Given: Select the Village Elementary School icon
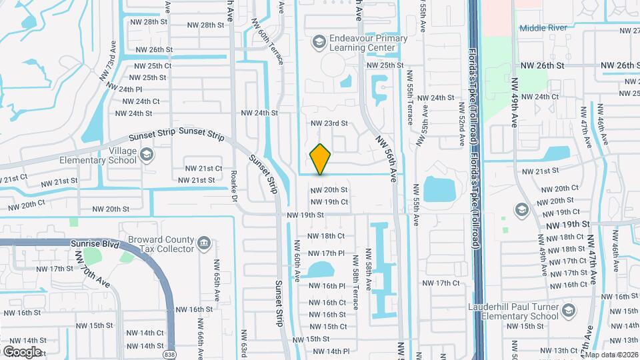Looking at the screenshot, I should (147, 155).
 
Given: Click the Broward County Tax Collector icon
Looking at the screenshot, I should (205, 243).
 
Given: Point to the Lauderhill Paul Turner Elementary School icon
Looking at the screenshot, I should (567, 311).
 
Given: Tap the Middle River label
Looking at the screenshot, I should (542, 28).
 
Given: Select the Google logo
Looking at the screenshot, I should (21, 351).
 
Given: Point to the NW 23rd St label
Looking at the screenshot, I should (329, 123).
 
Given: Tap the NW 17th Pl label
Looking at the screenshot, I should (326, 253).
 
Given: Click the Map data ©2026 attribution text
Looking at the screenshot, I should (611, 355).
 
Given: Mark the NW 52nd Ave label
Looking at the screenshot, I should (461, 123).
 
